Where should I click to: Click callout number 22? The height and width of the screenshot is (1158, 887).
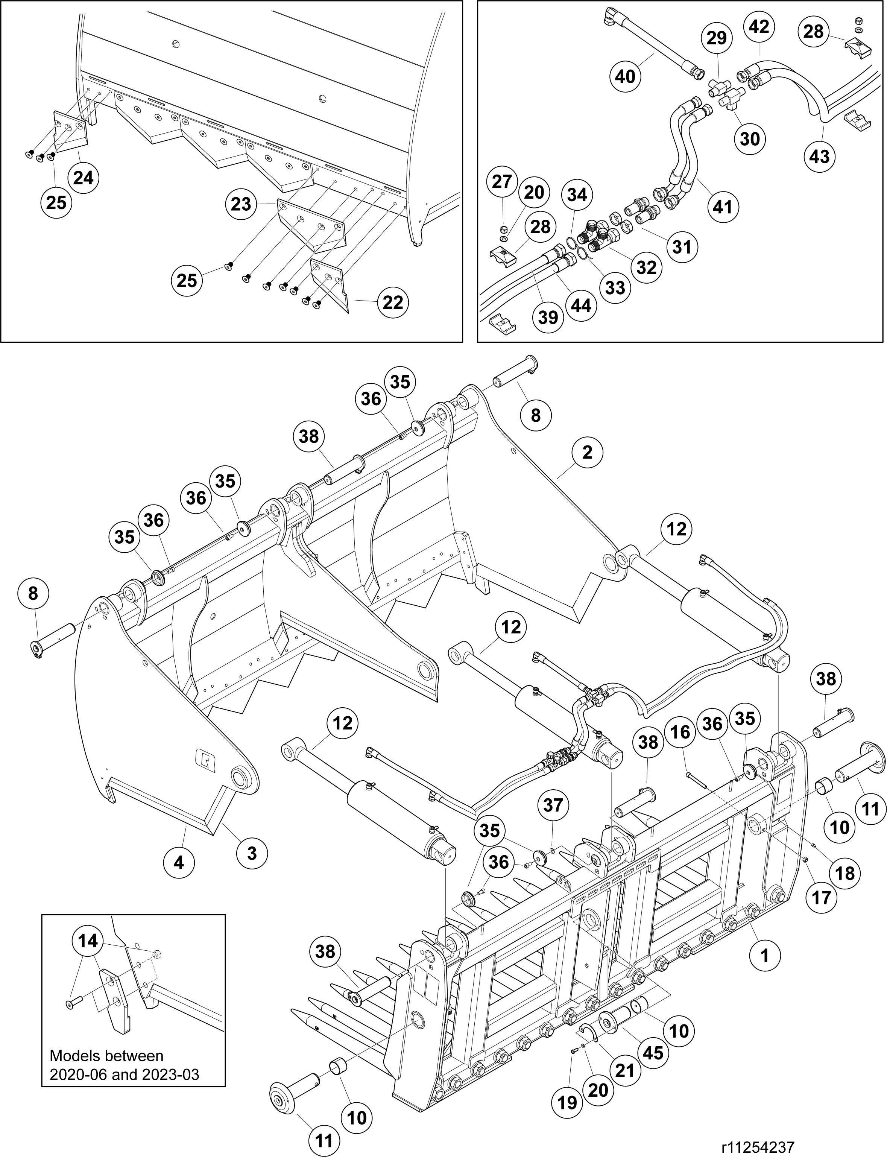(x=393, y=302)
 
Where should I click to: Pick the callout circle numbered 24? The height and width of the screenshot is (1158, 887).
(x=84, y=178)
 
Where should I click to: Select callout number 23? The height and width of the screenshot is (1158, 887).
(x=241, y=204)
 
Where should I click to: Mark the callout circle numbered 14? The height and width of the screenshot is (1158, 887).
(x=88, y=941)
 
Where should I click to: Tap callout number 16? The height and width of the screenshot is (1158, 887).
(x=680, y=732)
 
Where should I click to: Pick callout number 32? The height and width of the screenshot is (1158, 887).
(x=647, y=267)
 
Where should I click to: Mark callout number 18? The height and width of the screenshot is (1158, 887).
(x=845, y=873)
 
